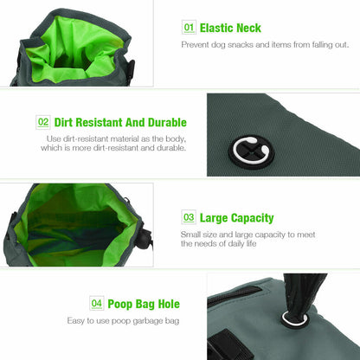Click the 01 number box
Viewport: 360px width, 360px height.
click(189, 28)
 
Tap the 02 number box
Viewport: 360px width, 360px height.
click(43, 122)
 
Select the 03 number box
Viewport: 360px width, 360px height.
click(189, 217)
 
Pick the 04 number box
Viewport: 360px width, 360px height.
click(97, 303)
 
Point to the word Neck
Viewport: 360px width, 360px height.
click(248, 28)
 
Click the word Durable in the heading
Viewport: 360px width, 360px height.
click(167, 122)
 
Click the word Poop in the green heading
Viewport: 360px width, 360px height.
click(119, 305)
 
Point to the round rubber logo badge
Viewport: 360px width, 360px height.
click(251, 151)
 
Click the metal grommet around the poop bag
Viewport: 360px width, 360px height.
click(294, 318)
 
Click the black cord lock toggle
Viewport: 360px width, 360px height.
click(144, 239)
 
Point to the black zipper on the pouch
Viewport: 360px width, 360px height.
click(235, 294)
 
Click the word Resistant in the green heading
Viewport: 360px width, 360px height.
click(99, 122)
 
